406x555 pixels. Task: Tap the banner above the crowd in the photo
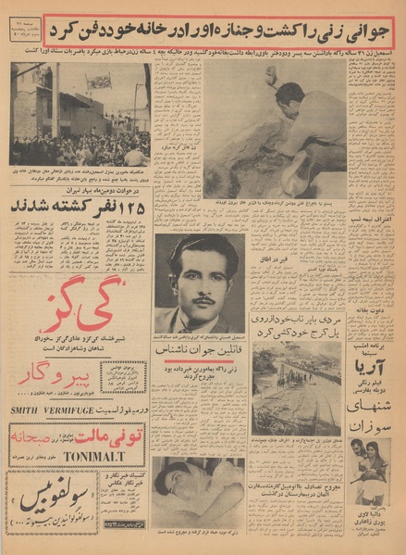98,83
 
